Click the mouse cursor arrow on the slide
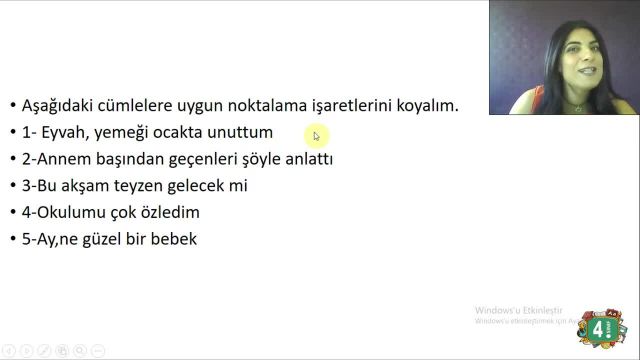[x=316, y=136]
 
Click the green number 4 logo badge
[x=601, y=328]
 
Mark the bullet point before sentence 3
[x=12, y=186]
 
